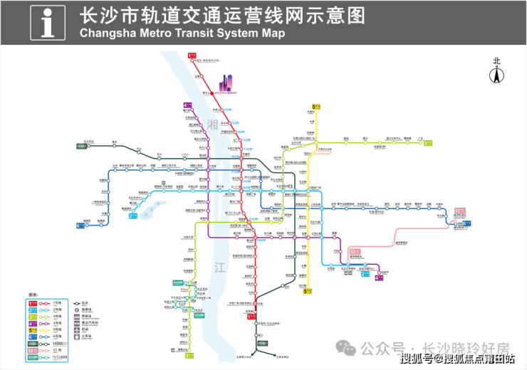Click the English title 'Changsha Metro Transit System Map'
182,33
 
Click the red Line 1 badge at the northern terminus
191,55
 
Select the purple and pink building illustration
226,83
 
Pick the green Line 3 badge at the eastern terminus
428,142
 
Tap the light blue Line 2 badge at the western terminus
132,216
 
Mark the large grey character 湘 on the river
212,125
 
